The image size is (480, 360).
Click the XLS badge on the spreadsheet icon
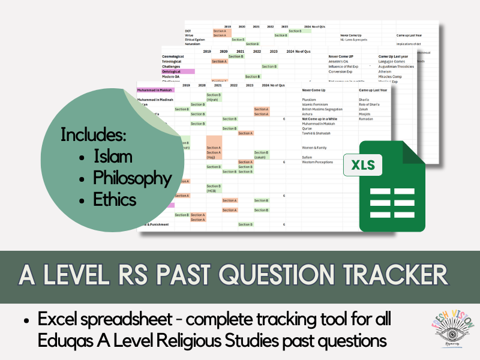[x=364, y=164]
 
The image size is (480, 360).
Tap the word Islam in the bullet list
[x=113, y=157]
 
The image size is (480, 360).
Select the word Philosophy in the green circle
[x=132, y=178]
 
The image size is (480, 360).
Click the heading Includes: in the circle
[x=94, y=134]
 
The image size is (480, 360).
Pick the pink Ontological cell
[x=174, y=71]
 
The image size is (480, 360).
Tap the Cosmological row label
[x=176, y=56]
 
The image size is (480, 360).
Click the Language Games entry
[x=394, y=61]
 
